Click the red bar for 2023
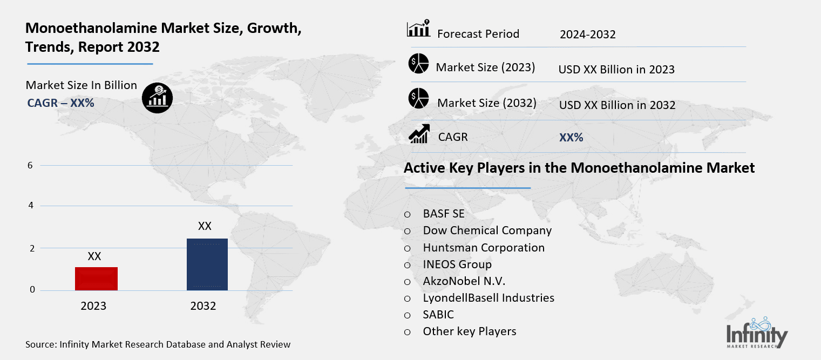pos(96,279)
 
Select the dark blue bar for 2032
pos(207,264)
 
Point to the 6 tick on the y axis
pos(31,166)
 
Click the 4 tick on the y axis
pos(31,206)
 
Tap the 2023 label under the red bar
pos(93,306)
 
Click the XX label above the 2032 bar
pos(205,226)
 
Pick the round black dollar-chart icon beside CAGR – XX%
pos(157,97)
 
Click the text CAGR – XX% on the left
pos(60,103)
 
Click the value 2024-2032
pos(587,35)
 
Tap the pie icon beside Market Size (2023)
pos(418,64)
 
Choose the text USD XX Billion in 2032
pos(617,105)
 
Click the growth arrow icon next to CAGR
pos(419,134)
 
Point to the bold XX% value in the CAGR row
pos(571,138)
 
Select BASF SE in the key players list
pos(444,214)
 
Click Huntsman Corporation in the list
pos(484,248)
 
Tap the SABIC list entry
pos(438,315)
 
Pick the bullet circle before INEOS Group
pos(408,265)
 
